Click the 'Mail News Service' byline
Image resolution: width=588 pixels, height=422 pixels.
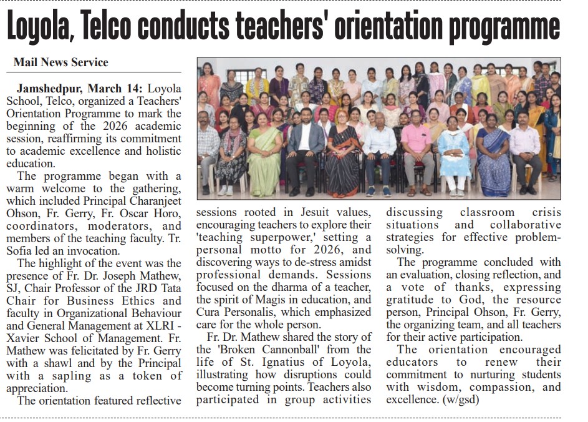click(x=61, y=62)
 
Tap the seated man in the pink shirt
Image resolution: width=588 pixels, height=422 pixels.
click(x=416, y=153)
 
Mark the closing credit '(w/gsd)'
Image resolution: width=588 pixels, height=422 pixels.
click(x=458, y=400)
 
